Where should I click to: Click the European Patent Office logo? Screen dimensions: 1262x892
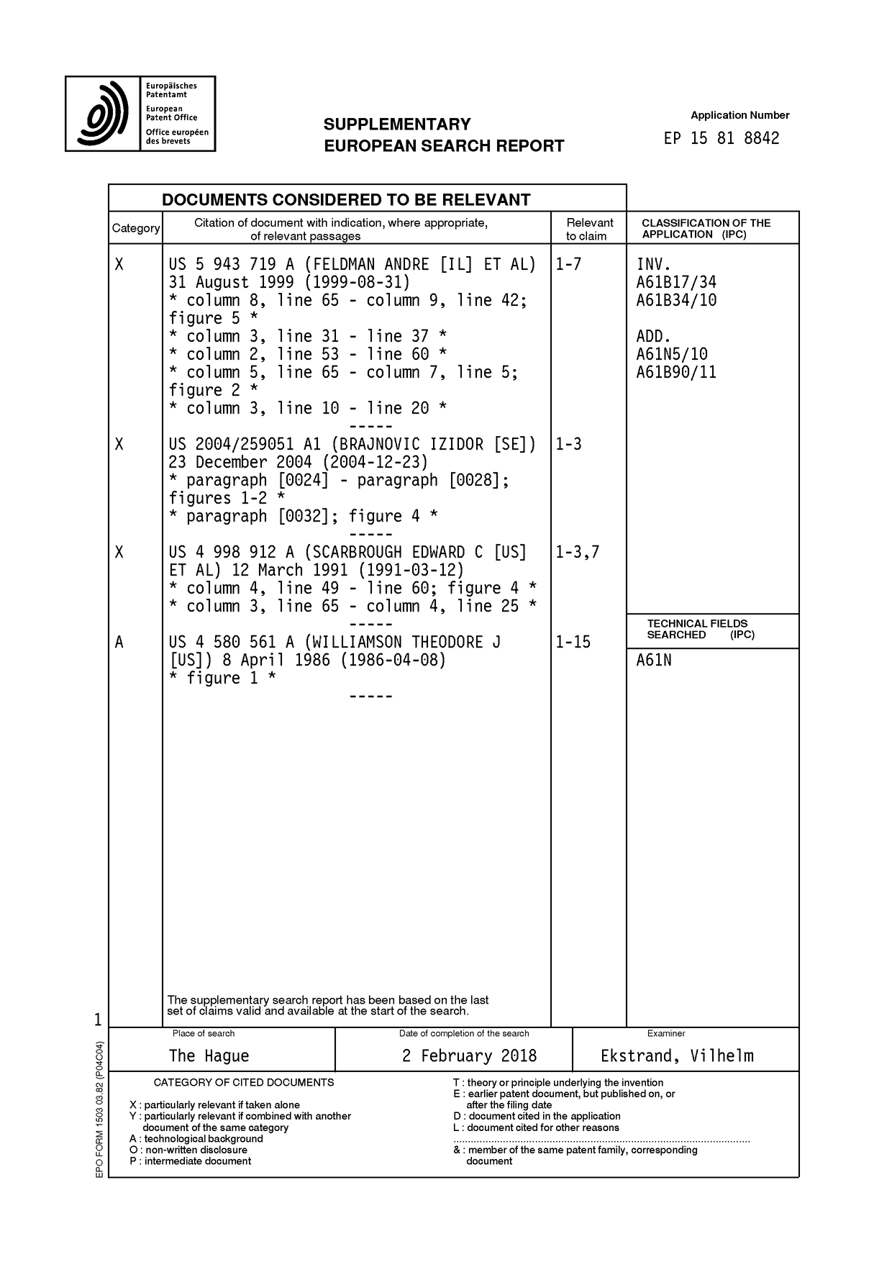coord(140,114)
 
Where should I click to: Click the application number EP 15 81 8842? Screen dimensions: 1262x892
coord(722,138)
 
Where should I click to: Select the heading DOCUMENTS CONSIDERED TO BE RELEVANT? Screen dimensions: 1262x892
coord(346,199)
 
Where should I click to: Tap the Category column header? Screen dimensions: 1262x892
coord(136,228)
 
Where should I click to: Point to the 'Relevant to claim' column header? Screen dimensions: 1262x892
coord(589,229)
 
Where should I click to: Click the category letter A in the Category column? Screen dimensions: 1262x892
coord(119,643)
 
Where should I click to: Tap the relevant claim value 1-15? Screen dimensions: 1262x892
coord(573,643)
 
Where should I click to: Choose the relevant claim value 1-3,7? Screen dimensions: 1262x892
coord(577,553)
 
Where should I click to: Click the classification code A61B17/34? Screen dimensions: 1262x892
coord(676,283)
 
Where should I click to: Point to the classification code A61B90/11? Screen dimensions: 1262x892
coord(676,373)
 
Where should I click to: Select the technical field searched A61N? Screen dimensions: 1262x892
coord(654,660)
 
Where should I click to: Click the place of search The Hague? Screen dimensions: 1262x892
coord(209,1056)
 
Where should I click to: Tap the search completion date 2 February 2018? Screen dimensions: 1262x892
coord(469,1056)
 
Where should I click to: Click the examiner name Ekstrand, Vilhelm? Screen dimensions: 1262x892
coord(677,1056)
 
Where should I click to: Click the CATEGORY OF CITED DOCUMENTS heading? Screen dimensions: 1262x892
coord(244,1082)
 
